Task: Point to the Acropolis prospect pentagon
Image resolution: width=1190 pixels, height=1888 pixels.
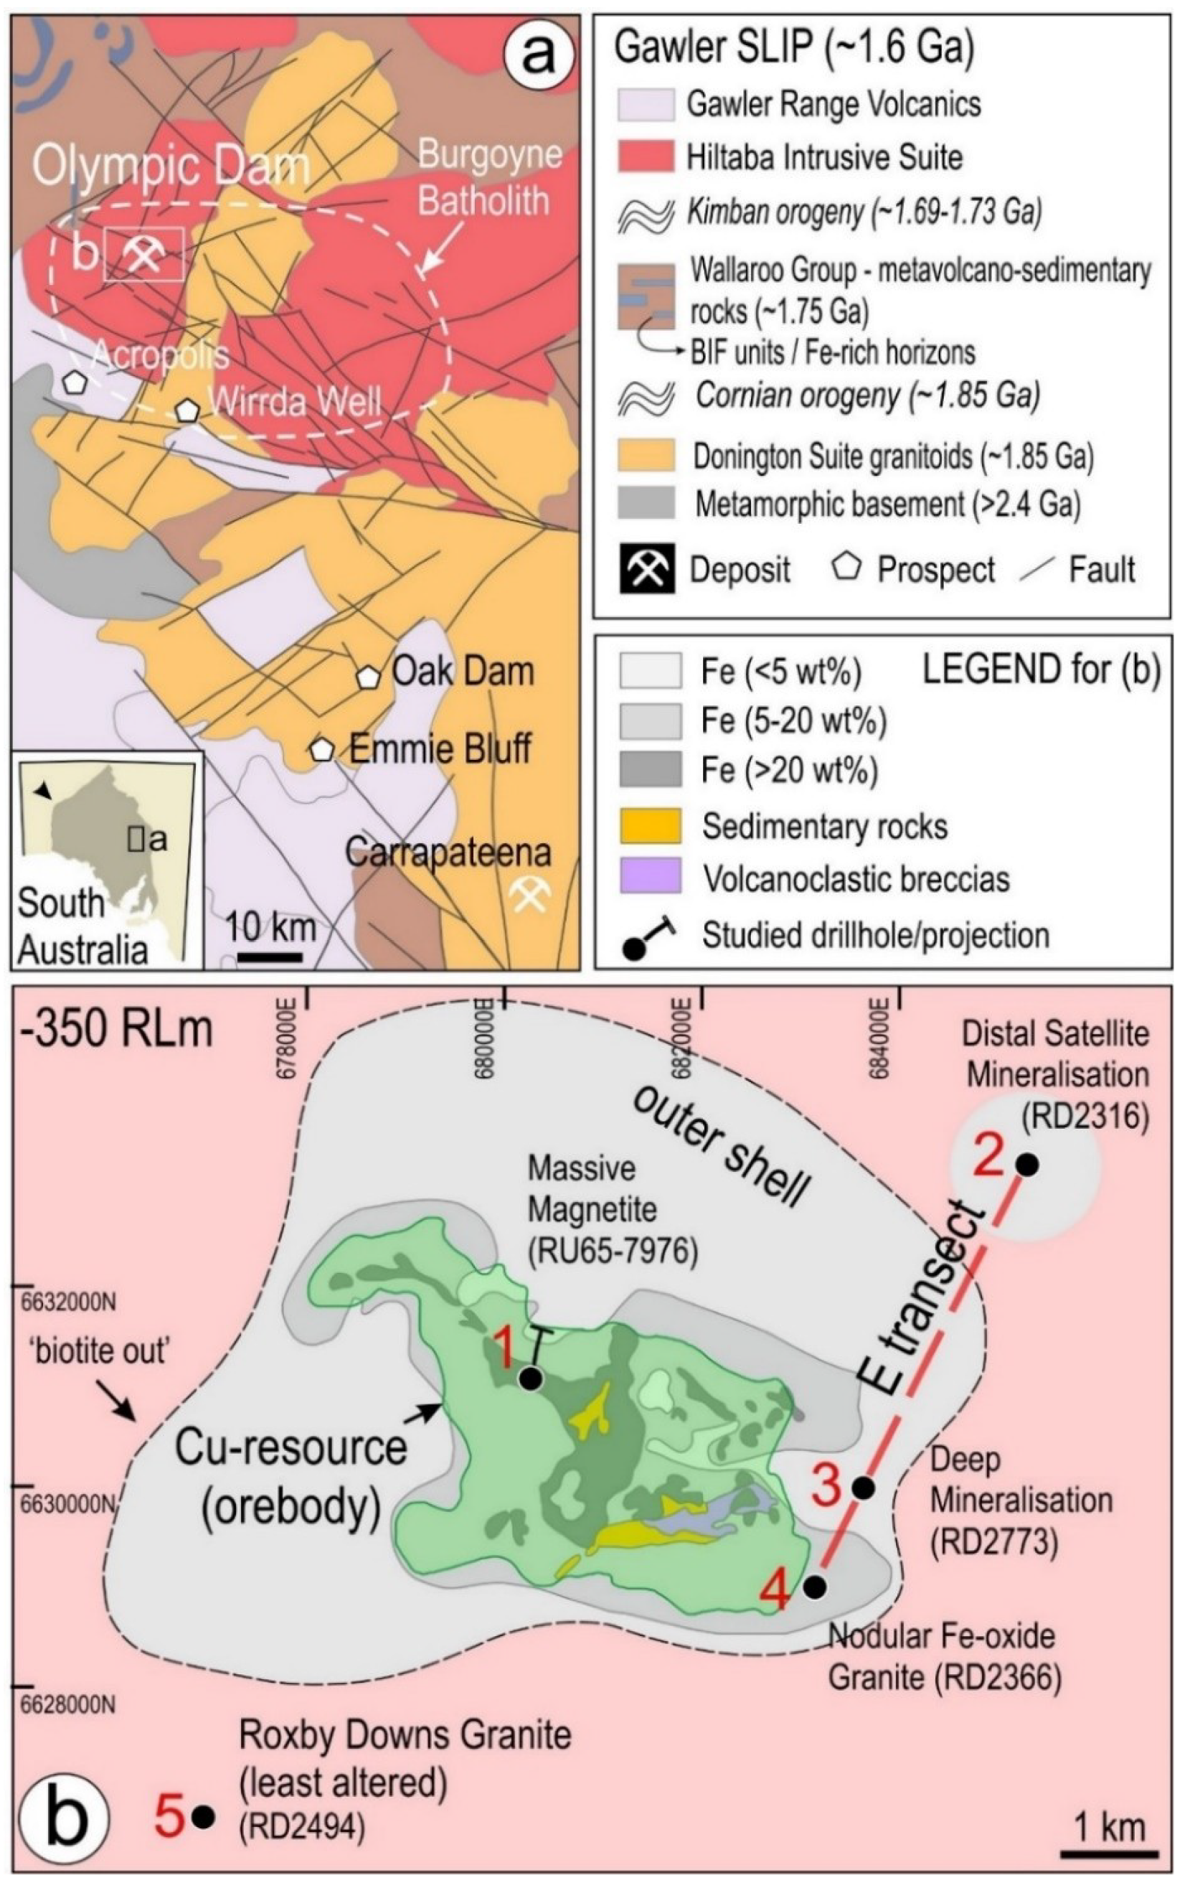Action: (x=75, y=382)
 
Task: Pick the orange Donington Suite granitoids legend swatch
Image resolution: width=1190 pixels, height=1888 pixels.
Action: (x=645, y=456)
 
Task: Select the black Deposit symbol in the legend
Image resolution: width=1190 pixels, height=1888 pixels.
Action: (x=645, y=570)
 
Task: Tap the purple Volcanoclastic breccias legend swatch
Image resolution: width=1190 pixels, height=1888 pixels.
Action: (x=649, y=875)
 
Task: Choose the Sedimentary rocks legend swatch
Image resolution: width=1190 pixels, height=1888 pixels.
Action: (x=649, y=826)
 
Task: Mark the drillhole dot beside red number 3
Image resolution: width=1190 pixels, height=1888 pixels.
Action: (x=863, y=1488)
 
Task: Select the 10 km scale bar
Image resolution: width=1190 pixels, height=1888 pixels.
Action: (x=270, y=956)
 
